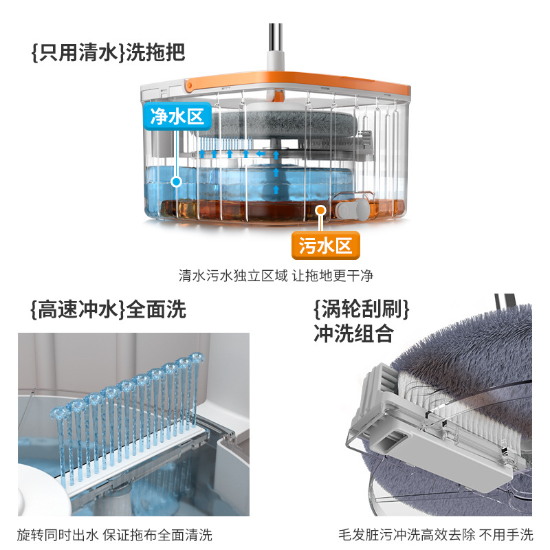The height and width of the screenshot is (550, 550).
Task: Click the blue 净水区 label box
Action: [x=177, y=116]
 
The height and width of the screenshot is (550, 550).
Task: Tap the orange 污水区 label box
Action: [x=325, y=245]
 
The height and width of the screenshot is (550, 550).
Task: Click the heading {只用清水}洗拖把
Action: [x=108, y=52]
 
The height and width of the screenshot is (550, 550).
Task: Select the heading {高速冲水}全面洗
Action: [x=108, y=309]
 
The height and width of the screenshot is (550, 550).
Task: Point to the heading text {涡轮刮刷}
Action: [x=360, y=309]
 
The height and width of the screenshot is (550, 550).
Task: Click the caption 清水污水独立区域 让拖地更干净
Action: [x=275, y=276]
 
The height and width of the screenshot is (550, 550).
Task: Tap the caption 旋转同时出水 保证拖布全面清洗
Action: [x=115, y=533]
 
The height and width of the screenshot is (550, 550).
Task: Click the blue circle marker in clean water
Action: [x=177, y=181]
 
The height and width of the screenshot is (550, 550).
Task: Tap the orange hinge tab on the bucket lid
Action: [x=190, y=85]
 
